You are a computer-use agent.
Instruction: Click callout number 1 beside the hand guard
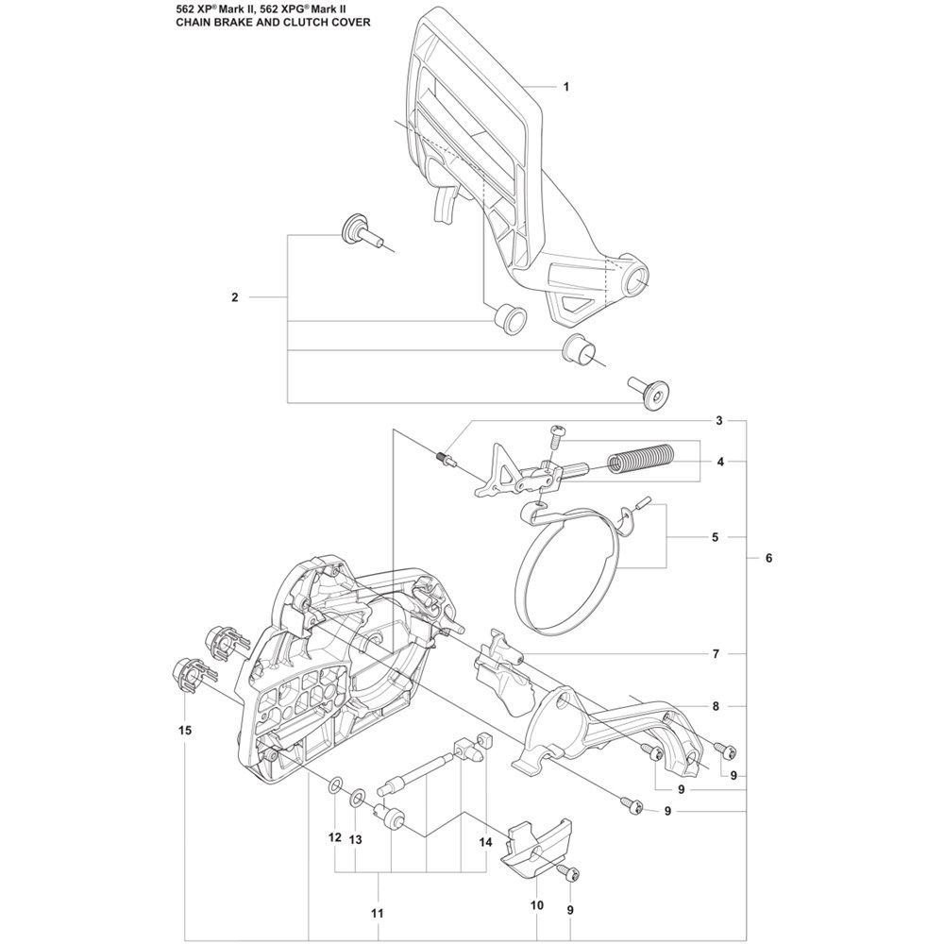click(x=565, y=87)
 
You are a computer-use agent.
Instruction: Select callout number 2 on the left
click(x=234, y=297)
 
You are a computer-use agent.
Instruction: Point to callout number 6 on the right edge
click(x=768, y=558)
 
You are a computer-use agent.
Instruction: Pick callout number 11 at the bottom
click(x=377, y=913)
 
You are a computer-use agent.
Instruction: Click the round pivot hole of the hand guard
click(x=635, y=280)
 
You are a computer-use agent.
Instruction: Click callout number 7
click(x=716, y=653)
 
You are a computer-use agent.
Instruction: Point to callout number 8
click(x=716, y=705)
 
